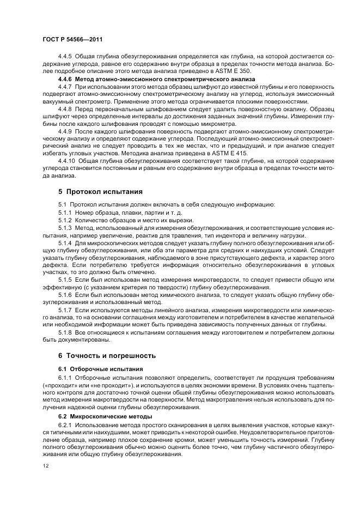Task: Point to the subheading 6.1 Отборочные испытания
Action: pos(101,369)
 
